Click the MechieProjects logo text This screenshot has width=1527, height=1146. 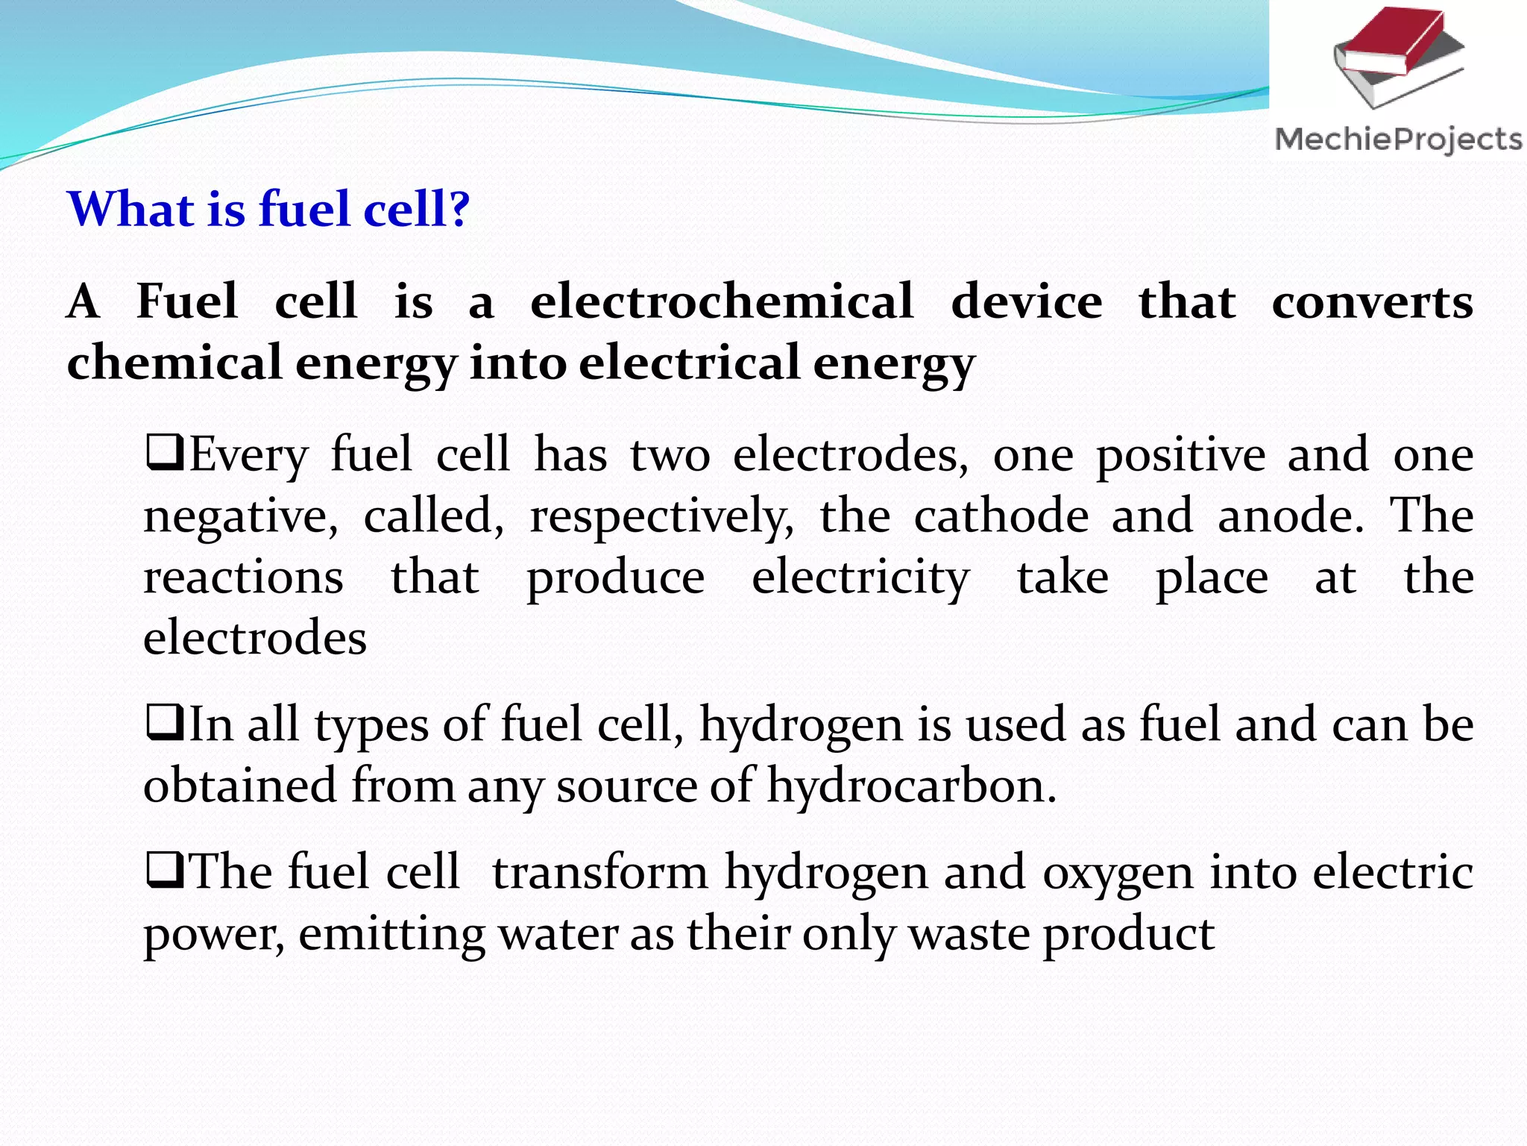click(x=1398, y=140)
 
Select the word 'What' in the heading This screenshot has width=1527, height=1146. click(x=131, y=209)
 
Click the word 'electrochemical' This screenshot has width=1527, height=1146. click(x=721, y=302)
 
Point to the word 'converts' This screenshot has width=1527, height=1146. click(x=1372, y=302)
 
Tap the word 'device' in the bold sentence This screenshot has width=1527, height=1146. click(x=1026, y=302)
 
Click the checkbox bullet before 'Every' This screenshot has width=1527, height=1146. click(x=165, y=454)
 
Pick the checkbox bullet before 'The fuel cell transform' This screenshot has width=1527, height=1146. click(x=165, y=871)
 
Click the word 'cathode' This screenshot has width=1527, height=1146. click(x=1001, y=516)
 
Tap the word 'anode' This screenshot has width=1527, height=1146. click(x=1291, y=516)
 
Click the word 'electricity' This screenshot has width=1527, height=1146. click(x=860, y=578)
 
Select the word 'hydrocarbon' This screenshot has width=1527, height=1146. click(x=911, y=786)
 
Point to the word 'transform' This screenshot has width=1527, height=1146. click(x=599, y=872)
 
